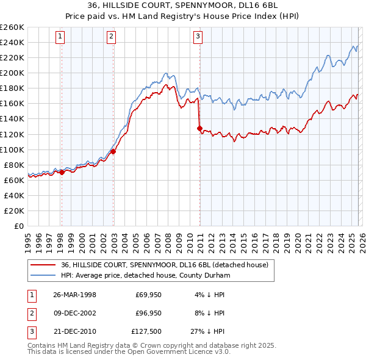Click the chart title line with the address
[183, 6]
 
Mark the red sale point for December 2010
[199, 128]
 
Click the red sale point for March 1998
[62, 172]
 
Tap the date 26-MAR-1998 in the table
[75, 295]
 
